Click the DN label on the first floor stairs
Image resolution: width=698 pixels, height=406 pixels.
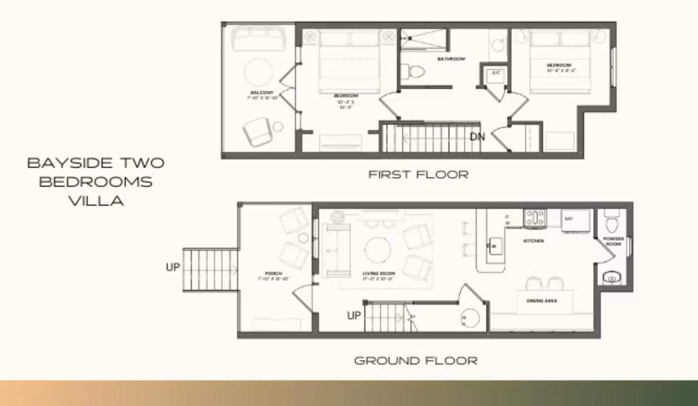477,137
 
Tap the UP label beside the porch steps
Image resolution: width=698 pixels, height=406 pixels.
173,267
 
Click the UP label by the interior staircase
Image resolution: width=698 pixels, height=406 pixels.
354,315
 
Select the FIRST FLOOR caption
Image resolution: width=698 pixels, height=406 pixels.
419,175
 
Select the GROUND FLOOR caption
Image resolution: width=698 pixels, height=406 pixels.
416,361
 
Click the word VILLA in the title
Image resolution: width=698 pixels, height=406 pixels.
96,201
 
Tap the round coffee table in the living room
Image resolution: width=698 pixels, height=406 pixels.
378,250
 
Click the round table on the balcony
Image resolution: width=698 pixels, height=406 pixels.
258,72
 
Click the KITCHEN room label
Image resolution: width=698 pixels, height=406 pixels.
534,241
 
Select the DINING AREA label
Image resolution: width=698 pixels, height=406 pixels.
541,301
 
